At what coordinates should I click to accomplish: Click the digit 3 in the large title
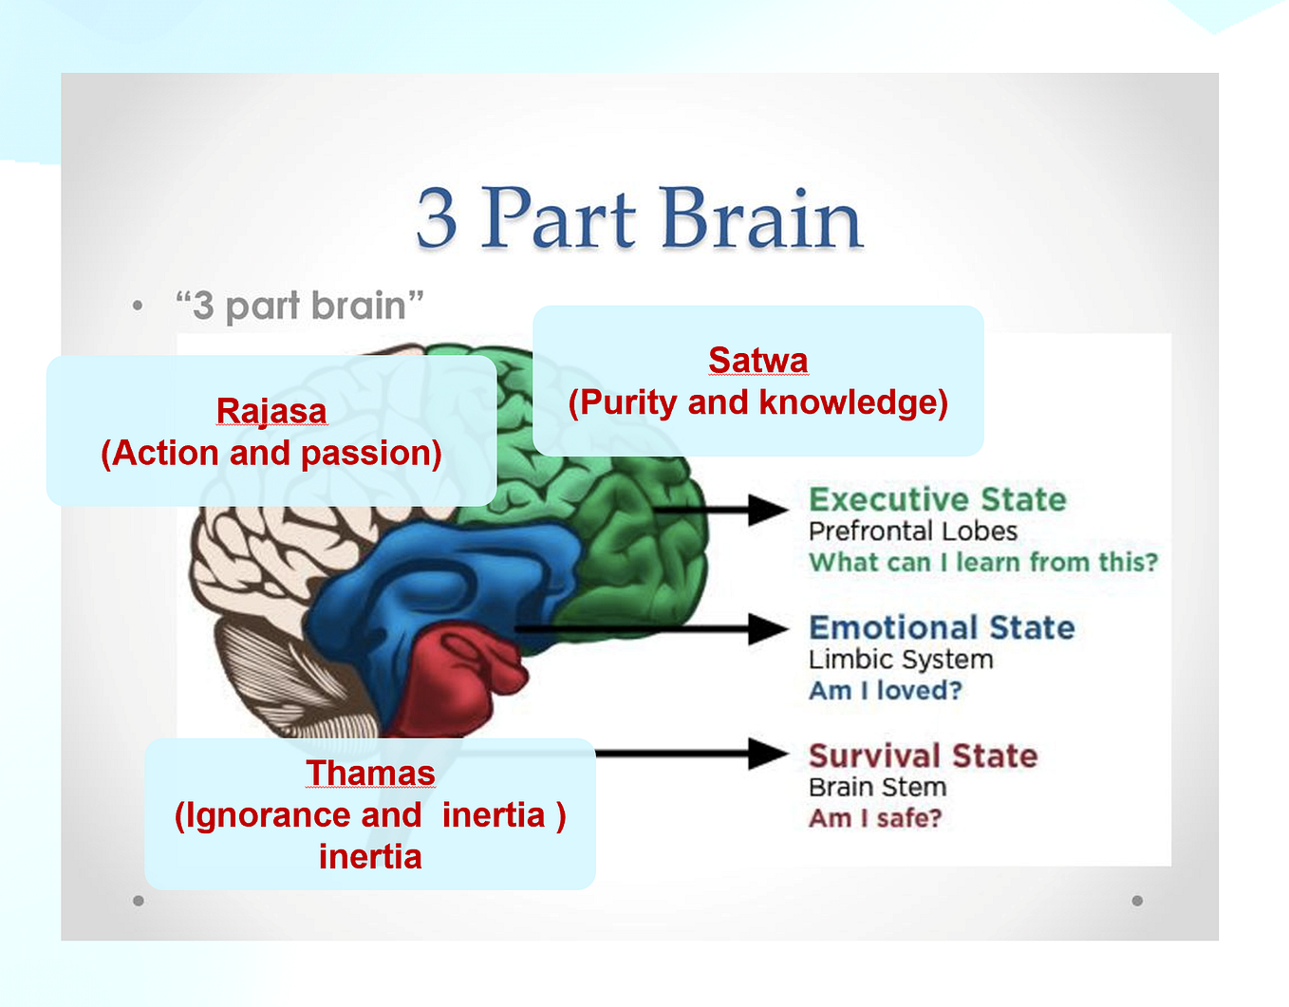pyautogui.click(x=437, y=218)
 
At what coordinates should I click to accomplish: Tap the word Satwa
pyautogui.click(x=758, y=360)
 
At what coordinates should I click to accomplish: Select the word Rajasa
pyautogui.click(x=271, y=411)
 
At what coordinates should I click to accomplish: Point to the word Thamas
pyautogui.click(x=371, y=773)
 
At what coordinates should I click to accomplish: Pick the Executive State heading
pyautogui.click(x=938, y=499)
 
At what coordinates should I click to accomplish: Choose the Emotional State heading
pyautogui.click(x=942, y=627)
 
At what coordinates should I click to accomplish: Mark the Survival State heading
pyautogui.click(x=923, y=756)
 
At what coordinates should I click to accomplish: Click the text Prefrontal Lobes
pyautogui.click(x=913, y=531)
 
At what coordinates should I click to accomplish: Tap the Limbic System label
pyautogui.click(x=901, y=660)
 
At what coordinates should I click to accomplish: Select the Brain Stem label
pyautogui.click(x=878, y=788)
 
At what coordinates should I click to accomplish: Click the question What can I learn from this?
pyautogui.click(x=983, y=562)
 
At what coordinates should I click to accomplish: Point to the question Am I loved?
pyautogui.click(x=885, y=690)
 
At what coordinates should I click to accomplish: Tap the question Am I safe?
pyautogui.click(x=875, y=818)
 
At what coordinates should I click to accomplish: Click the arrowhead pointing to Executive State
pyautogui.click(x=768, y=510)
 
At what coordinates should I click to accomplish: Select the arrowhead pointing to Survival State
pyautogui.click(x=768, y=754)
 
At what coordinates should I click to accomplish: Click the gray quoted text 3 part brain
pyautogui.click(x=300, y=307)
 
